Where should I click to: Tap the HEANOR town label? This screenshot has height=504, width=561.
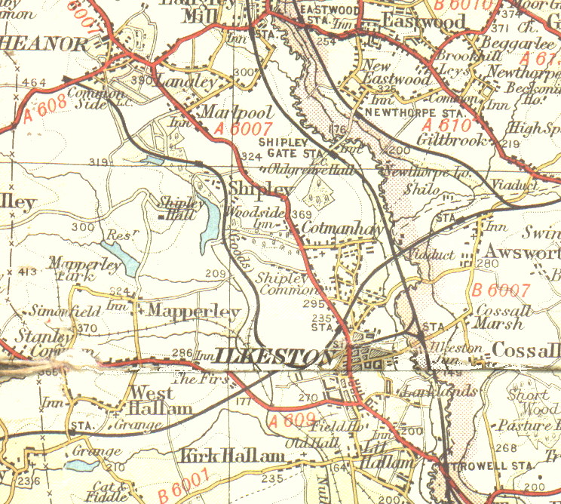click(x=44, y=44)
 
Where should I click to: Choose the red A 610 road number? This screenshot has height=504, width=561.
click(x=446, y=124)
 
